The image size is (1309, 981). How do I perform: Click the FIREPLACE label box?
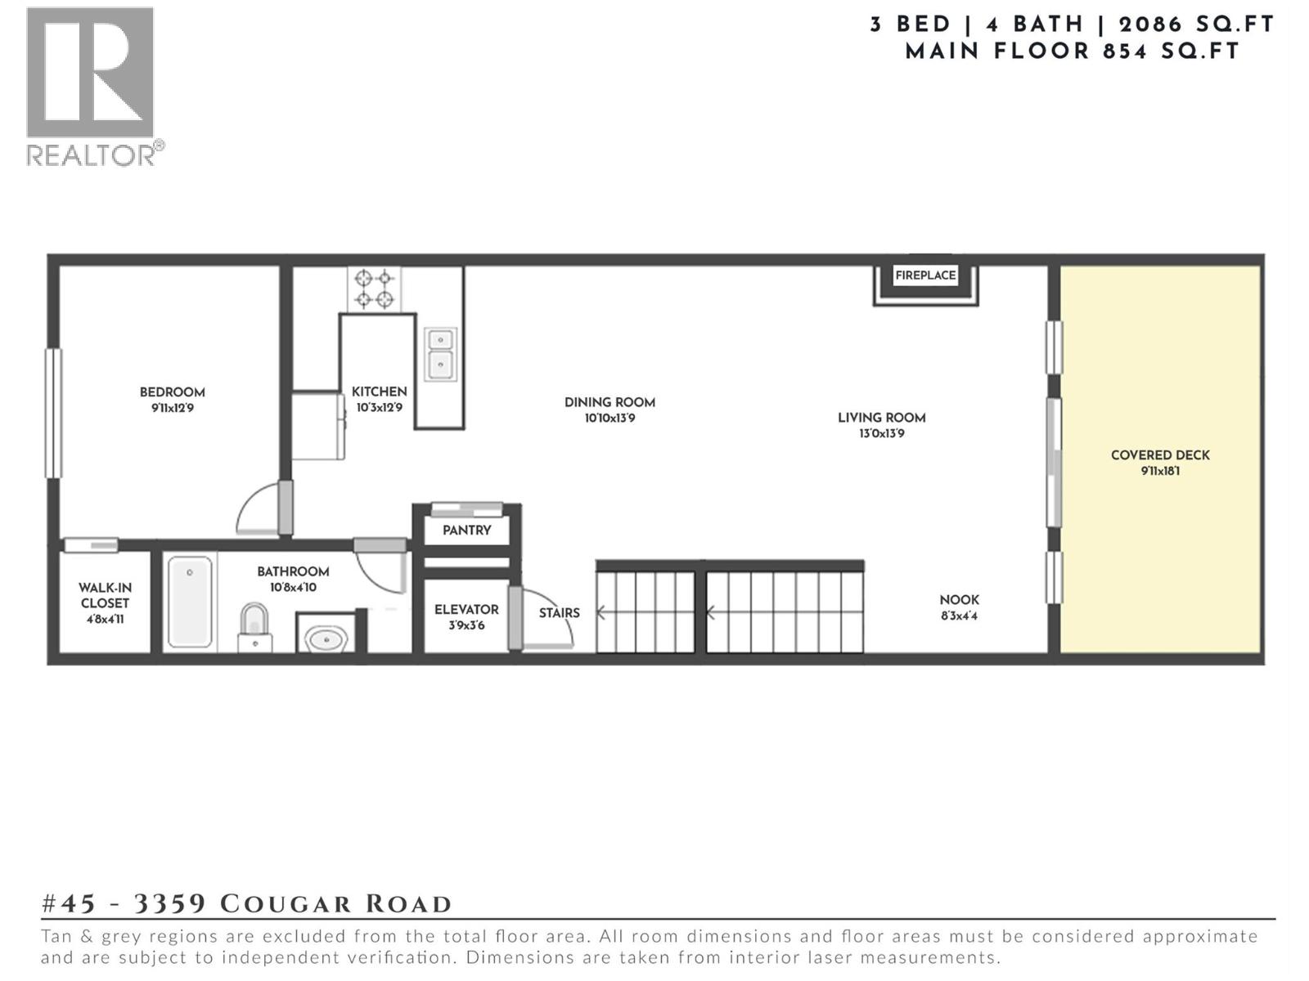click(x=925, y=275)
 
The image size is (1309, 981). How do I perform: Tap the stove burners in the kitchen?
click(x=374, y=289)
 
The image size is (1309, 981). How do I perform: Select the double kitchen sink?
click(x=440, y=353)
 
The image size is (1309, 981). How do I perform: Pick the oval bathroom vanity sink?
click(x=326, y=638)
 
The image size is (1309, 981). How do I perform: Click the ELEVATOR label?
click(x=466, y=610)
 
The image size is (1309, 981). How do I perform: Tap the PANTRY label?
click(x=466, y=531)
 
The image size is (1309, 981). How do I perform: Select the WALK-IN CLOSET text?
click(x=105, y=595)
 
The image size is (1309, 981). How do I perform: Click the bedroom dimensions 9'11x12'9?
click(x=172, y=408)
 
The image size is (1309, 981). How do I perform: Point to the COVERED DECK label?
click(x=1159, y=455)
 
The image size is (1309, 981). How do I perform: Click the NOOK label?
click(x=959, y=600)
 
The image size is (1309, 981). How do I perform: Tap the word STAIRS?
click(x=560, y=613)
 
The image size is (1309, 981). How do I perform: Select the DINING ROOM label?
click(x=610, y=402)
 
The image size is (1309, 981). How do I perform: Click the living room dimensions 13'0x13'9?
click(x=881, y=434)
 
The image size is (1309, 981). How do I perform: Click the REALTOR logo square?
click(x=90, y=72)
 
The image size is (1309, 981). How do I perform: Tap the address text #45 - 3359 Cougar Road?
click(x=246, y=904)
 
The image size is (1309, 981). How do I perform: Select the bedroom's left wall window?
click(x=53, y=413)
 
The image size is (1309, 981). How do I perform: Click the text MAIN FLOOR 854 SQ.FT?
click(x=1072, y=52)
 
